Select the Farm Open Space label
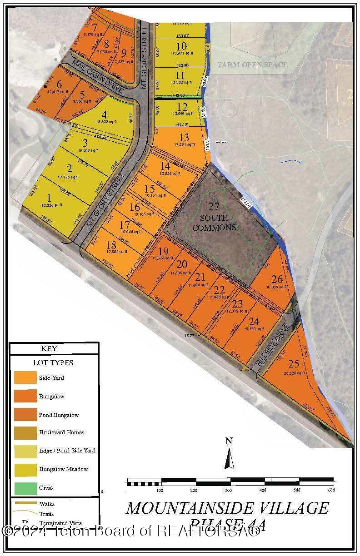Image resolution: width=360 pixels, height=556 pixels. click(253, 65)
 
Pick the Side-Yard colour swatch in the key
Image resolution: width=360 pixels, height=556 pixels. click(25, 378)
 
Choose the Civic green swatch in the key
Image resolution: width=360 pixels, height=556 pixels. click(25, 487)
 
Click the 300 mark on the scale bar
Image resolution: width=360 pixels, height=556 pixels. click(229, 490)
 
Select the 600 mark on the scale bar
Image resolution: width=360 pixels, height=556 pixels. click(331, 490)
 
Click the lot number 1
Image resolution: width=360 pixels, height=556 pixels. click(49, 198)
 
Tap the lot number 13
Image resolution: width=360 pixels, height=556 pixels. click(184, 137)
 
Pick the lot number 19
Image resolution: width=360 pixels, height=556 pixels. click(164, 252)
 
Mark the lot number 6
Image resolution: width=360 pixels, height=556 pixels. click(58, 84)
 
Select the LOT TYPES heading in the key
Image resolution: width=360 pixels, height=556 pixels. click(53, 363)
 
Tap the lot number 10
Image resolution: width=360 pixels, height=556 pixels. click(181, 46)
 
